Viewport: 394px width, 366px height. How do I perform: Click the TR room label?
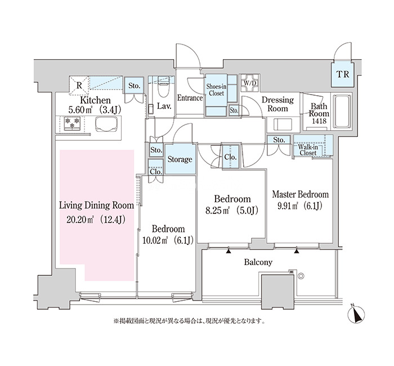[343, 74]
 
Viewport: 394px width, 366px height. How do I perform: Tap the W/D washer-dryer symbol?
[249, 83]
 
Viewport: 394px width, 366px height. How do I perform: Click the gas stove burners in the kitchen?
[72, 123]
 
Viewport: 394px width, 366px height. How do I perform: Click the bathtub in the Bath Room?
[342, 111]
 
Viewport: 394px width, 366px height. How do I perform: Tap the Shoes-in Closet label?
[216, 90]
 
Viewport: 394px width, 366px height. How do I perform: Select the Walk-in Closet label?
[308, 150]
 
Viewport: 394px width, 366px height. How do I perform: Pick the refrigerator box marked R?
[79, 86]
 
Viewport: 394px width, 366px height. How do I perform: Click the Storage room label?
[180, 159]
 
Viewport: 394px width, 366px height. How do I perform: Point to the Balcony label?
[258, 262]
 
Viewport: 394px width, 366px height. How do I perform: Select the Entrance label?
[190, 98]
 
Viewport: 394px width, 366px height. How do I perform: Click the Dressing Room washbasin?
[283, 124]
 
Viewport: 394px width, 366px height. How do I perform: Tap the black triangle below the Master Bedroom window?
[297, 251]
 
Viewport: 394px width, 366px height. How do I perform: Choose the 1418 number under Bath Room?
[319, 121]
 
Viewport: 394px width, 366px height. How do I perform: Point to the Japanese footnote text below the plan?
[189, 321]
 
